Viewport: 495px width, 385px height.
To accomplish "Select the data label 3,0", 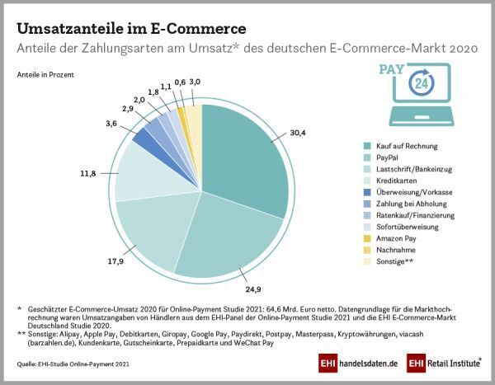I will pos(194,82).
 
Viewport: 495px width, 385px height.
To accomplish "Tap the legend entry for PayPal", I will pos(375,156).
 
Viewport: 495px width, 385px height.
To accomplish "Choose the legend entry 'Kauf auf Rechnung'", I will pos(392,144).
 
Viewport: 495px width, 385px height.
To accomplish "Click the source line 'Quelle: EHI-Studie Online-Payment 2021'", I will pos(74,363).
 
